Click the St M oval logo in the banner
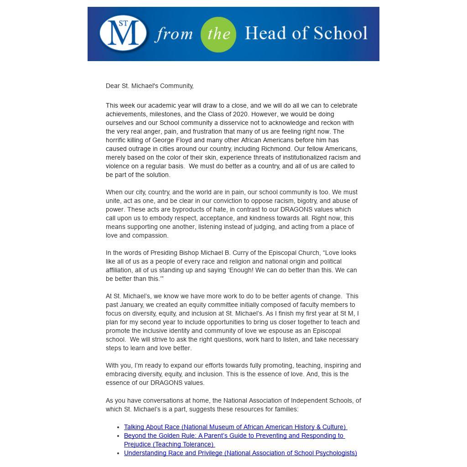[x=123, y=34]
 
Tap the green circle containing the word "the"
[x=218, y=35]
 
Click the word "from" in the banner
[x=174, y=35]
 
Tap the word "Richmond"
[x=276, y=149]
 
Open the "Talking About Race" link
[x=235, y=427]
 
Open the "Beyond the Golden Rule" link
[x=233, y=436]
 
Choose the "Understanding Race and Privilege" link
[x=240, y=453]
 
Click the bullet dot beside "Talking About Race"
[x=119, y=427]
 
